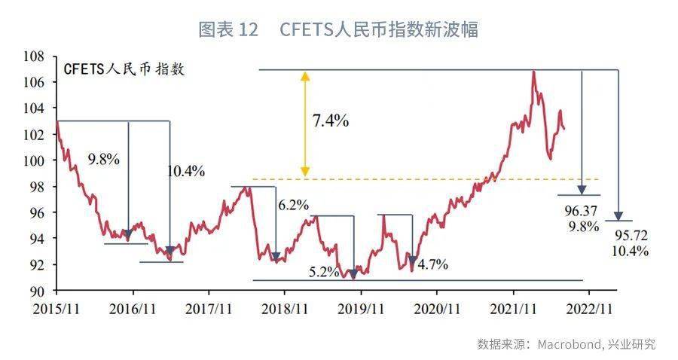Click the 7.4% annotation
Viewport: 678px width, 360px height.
click(330, 120)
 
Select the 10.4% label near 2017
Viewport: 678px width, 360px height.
click(185, 171)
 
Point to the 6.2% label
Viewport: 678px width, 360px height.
click(293, 204)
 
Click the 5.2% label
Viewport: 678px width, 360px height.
click(323, 272)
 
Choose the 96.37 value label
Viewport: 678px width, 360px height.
click(581, 210)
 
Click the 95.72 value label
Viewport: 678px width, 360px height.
click(631, 236)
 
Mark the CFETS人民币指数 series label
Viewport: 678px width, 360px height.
click(124, 70)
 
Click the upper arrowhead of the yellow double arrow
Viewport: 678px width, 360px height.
click(304, 76)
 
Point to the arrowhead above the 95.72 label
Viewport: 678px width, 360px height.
click(618, 216)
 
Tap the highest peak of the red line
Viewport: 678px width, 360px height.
click(533, 72)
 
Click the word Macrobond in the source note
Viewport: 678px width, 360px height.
click(569, 344)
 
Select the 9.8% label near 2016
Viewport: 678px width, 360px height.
click(103, 160)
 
